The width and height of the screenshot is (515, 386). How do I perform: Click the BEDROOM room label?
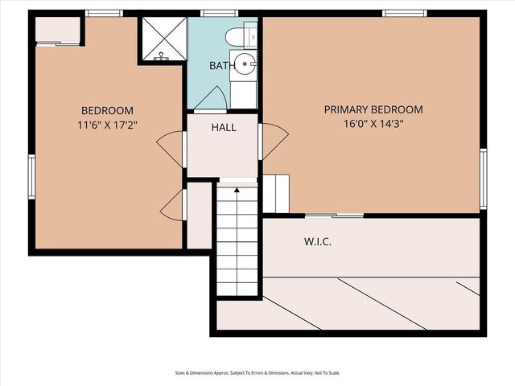(x=107, y=110)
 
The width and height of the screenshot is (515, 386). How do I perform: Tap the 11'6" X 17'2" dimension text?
(x=107, y=125)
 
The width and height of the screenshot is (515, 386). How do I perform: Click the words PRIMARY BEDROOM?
(x=373, y=109)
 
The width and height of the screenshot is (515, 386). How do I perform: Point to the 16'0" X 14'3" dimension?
(x=373, y=124)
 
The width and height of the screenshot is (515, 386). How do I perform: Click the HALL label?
(x=224, y=127)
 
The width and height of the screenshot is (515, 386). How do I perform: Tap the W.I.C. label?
(x=318, y=241)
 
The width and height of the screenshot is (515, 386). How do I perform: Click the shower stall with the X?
(x=163, y=38)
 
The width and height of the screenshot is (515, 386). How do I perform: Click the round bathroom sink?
(x=245, y=66)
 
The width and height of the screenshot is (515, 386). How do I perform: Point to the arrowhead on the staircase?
(x=237, y=191)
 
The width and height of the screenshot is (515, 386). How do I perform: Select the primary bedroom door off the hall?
(x=274, y=141)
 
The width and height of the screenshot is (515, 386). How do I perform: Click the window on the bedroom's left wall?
(x=31, y=175)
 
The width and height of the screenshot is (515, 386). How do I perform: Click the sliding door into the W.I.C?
(x=333, y=215)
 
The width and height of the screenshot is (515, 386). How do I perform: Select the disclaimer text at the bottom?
(x=257, y=372)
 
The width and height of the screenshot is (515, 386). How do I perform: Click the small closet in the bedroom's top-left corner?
(x=57, y=31)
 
